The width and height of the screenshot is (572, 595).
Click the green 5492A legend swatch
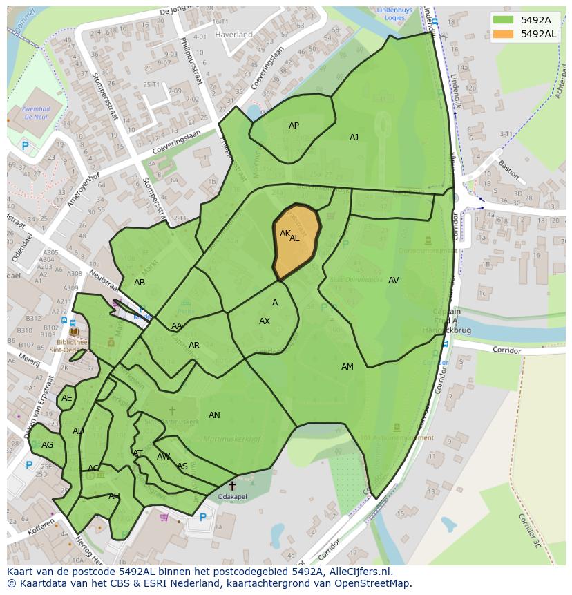pyautogui.click(x=504, y=20)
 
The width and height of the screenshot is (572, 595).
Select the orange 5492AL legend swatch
pyautogui.click(x=504, y=34)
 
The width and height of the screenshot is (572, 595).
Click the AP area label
pyautogui.click(x=294, y=126)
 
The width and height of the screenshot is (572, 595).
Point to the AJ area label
pyautogui.click(x=354, y=138)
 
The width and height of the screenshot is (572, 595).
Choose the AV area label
pyautogui.click(x=393, y=281)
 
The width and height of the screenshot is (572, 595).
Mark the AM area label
pyautogui.click(x=347, y=367)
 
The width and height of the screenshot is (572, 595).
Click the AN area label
pyautogui.click(x=214, y=415)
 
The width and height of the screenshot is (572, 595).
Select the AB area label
pyautogui.click(x=140, y=283)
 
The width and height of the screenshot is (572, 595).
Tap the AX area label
pyautogui.click(x=265, y=321)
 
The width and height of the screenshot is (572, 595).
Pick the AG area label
pyautogui.click(x=47, y=445)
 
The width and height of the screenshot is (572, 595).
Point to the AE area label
pyautogui.click(x=66, y=398)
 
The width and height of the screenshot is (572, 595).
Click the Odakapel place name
pyautogui.click(x=231, y=497)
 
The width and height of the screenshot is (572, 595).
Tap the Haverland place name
pyautogui.click(x=233, y=34)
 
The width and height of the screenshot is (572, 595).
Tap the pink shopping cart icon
pyautogui.click(x=164, y=517)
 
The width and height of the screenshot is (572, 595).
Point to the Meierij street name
pyautogui.click(x=29, y=358)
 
